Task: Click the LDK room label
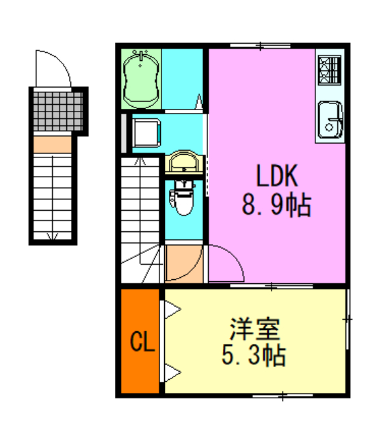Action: pyautogui.click(x=277, y=177)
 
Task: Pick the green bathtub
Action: pyautogui.click(x=142, y=80)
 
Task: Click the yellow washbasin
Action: pyautogui.click(x=183, y=164)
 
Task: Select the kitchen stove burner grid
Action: pyautogui.click(x=329, y=68)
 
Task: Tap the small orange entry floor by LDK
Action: pyautogui.click(x=183, y=263)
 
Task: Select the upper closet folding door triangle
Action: pyautogui.click(x=171, y=310)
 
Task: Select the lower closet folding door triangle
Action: pyautogui.click(x=171, y=374)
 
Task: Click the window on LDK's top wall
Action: pyautogui.click(x=251, y=46)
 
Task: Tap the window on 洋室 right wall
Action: pyautogui.click(x=348, y=319)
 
